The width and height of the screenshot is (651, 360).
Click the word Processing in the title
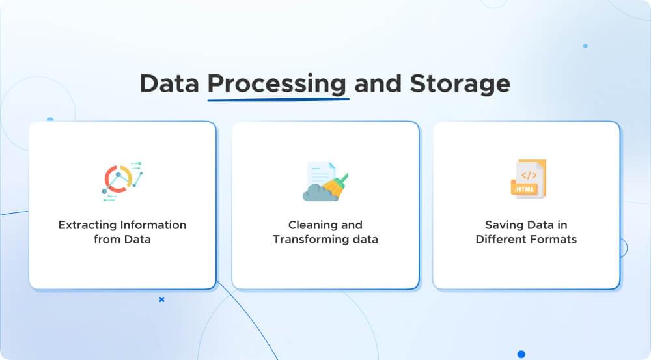(277, 84)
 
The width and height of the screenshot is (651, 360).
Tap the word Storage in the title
(460, 84)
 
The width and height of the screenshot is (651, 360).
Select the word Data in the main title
(169, 84)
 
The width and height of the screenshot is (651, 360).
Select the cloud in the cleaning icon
(319, 191)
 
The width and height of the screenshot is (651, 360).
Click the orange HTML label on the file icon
(525, 189)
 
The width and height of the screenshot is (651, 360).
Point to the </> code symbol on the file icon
(529, 174)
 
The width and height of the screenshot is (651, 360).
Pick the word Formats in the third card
(553, 239)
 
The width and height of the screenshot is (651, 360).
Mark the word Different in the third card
(500, 239)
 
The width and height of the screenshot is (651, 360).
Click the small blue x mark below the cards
(161, 299)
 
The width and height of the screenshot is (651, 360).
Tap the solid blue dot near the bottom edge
(521, 354)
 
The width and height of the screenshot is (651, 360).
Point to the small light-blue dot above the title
(585, 46)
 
